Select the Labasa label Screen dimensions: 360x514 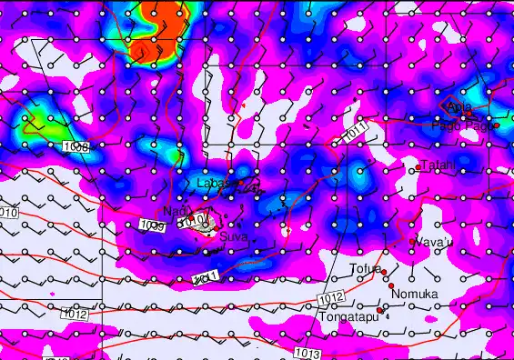(x=217, y=184)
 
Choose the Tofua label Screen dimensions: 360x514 (x=365, y=269)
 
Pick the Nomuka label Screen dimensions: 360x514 (x=414, y=294)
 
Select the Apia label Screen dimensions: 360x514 (x=459, y=108)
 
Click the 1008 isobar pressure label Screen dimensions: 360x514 (x=77, y=146)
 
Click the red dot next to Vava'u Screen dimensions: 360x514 (x=413, y=242)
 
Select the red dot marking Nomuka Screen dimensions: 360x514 (x=391, y=287)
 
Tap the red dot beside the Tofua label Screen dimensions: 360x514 (x=385, y=272)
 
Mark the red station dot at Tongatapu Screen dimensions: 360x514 (x=379, y=310)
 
